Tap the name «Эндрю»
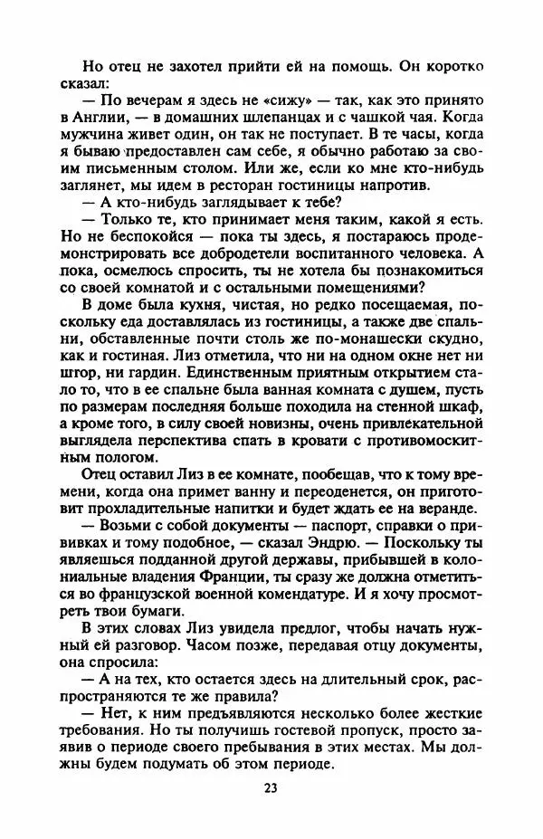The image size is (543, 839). click(347, 550)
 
